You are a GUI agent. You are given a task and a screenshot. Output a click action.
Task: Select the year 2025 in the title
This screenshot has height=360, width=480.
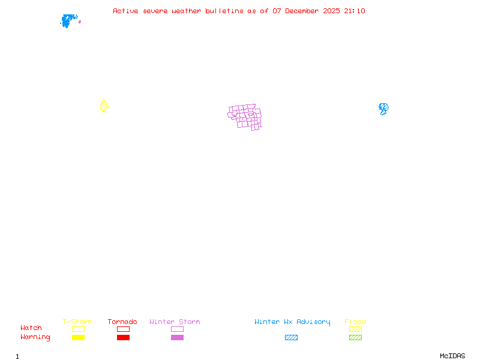331,11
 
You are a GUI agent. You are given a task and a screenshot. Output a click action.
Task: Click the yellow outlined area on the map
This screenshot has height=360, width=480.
104,107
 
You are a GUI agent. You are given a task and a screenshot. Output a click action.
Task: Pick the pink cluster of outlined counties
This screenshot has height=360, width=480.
245,117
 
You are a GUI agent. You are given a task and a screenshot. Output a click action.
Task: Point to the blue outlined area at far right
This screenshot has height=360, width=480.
383,109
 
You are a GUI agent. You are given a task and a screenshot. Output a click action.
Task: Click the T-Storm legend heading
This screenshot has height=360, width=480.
77,322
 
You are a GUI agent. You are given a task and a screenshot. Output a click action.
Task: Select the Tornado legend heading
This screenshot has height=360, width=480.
122,322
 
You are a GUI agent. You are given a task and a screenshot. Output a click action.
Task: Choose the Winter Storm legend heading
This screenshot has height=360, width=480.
175,322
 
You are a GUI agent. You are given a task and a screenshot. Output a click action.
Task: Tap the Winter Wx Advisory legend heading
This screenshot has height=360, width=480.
292,322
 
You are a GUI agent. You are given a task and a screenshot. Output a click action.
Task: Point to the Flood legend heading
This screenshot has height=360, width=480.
355,322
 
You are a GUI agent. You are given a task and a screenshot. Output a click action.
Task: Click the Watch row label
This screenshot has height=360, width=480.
31,328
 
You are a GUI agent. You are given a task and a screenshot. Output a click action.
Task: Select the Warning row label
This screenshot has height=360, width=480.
35,337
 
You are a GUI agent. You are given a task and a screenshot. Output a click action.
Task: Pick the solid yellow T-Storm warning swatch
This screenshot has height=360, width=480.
78,338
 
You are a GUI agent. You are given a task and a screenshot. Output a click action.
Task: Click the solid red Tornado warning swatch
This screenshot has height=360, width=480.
123,338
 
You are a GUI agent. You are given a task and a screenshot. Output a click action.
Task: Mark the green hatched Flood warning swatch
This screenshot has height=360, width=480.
355,338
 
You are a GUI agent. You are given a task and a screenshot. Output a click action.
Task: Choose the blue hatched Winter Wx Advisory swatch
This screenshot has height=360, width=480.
291,338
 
